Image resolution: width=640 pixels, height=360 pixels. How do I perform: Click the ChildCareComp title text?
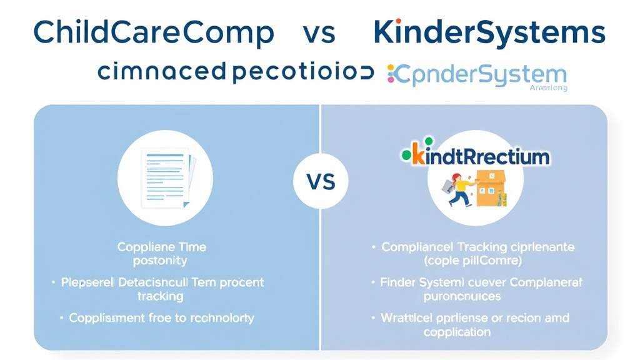pyautogui.click(x=154, y=32)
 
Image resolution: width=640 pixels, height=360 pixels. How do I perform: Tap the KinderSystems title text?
pyautogui.click(x=489, y=32)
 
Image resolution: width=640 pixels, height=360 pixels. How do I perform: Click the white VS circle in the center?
pyautogui.click(x=321, y=181)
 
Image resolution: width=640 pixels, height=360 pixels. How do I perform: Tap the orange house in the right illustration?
pyautogui.click(x=491, y=187)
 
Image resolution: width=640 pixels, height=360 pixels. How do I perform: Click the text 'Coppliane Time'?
pyautogui.click(x=162, y=247)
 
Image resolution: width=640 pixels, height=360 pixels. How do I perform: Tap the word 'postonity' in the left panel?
pyautogui.click(x=161, y=261)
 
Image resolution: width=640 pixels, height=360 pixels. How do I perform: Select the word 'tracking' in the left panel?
pyautogui.click(x=161, y=296)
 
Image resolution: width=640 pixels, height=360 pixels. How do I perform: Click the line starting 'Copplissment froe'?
pyautogui.click(x=161, y=317)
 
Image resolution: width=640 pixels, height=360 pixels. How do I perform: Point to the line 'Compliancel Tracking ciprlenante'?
pyautogui.click(x=477, y=247)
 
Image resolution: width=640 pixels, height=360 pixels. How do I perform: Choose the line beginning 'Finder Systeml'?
pyautogui.click(x=481, y=282)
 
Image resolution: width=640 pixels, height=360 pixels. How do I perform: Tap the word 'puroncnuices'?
pyautogui.click(x=462, y=296)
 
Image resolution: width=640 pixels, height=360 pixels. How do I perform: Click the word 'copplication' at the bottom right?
pyautogui.click(x=457, y=331)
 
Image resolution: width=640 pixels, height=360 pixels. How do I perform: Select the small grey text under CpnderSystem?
pyautogui.click(x=548, y=88)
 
